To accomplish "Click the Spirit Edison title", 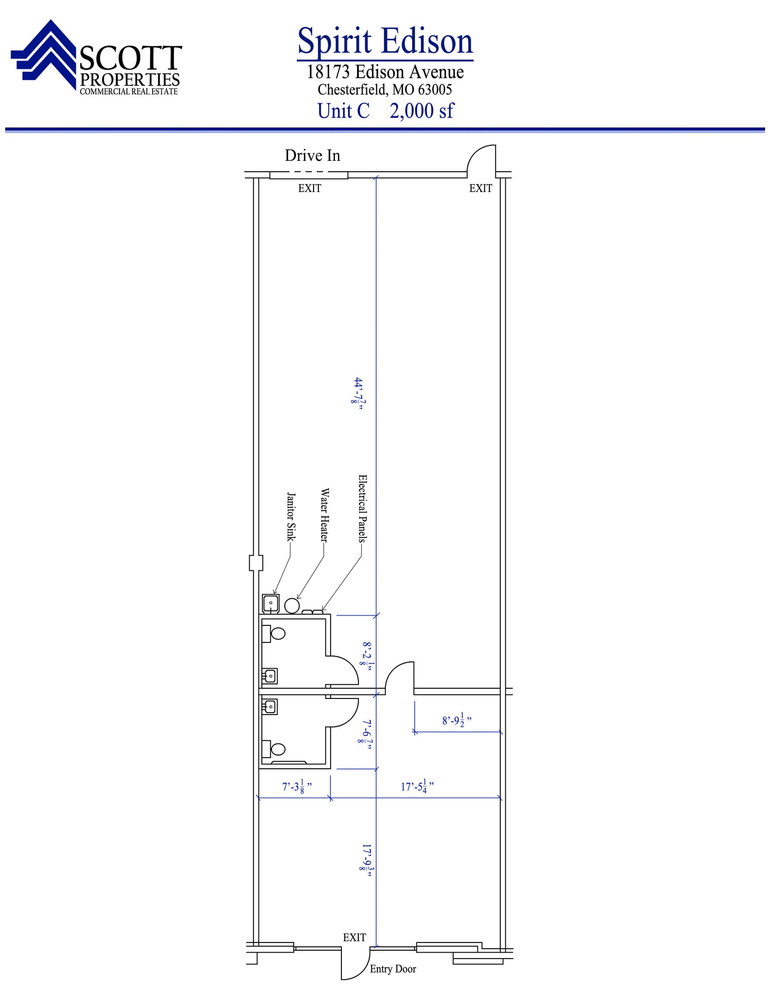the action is [x=385, y=41].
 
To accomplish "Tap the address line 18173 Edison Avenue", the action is [x=385, y=72].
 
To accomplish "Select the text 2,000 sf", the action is [x=422, y=111].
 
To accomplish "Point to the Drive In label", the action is [x=313, y=156].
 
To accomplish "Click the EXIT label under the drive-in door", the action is [x=310, y=188].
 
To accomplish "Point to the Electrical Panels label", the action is [x=362, y=508].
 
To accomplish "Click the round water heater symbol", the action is [x=292, y=605].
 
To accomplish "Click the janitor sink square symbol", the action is [x=271, y=604].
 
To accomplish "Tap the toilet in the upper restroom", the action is [x=274, y=634].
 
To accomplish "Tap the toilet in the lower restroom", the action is [x=274, y=749].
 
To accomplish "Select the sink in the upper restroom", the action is [x=270, y=676].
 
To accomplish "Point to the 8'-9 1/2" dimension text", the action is [x=457, y=720].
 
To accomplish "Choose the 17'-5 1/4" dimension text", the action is [x=417, y=786].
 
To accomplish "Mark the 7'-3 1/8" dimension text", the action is [x=297, y=786].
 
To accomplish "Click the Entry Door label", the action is [x=393, y=969].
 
